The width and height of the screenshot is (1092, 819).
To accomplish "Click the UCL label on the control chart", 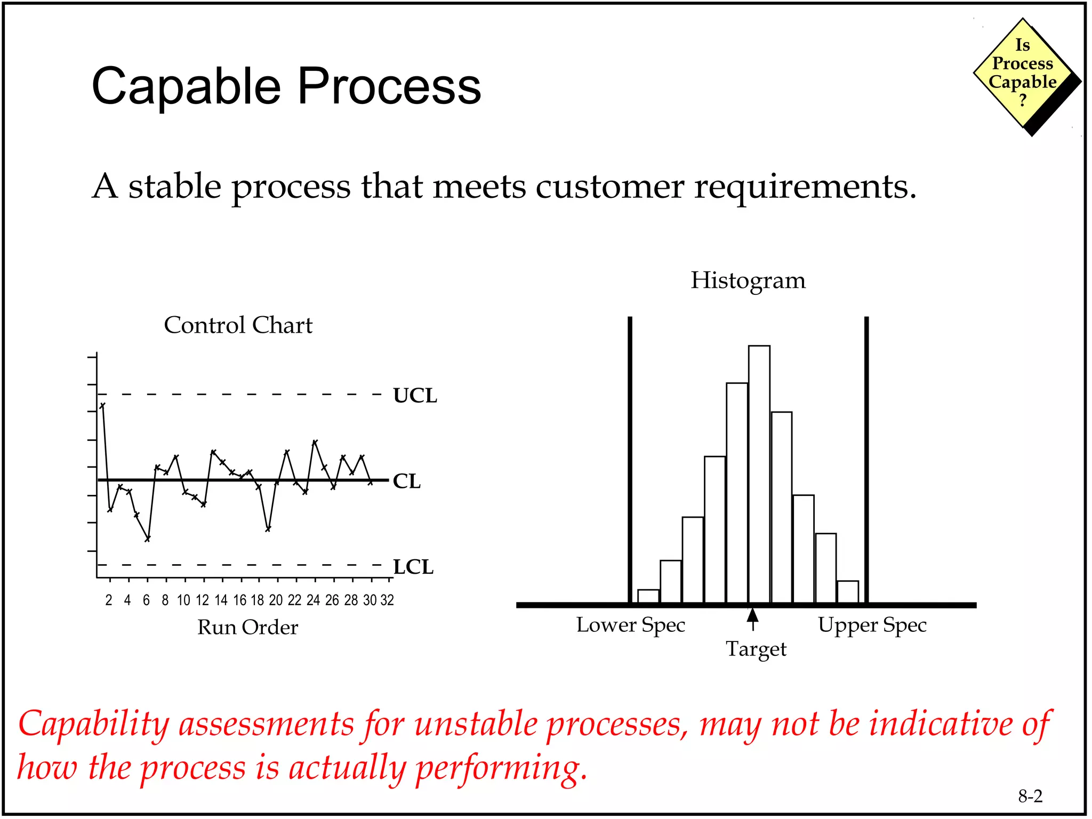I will click(x=415, y=396).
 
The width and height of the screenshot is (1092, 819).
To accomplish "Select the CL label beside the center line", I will click(x=406, y=481).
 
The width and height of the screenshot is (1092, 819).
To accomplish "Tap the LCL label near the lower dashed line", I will click(x=413, y=567).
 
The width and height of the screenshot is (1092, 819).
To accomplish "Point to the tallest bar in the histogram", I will click(x=759, y=475).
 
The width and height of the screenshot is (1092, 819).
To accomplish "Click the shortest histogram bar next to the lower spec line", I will click(x=648, y=596).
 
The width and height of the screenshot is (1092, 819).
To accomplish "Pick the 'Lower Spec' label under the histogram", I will click(x=630, y=625).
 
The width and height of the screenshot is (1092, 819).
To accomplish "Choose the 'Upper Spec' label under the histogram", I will click(x=872, y=625).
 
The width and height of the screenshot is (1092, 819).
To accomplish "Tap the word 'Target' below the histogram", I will click(x=756, y=649).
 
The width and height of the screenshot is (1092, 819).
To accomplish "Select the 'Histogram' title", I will click(x=748, y=280).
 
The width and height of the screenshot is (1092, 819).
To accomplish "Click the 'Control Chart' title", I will click(x=238, y=325).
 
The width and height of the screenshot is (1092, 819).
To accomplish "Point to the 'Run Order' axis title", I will click(x=247, y=628).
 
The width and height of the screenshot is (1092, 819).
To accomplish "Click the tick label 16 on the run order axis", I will click(x=240, y=600).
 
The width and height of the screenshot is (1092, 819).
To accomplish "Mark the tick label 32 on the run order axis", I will click(x=387, y=600).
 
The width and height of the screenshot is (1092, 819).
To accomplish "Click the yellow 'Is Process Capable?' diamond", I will click(x=1022, y=74).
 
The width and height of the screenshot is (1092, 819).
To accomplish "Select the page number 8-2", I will click(x=1030, y=796).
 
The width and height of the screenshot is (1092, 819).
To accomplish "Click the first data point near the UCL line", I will click(x=102, y=406).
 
